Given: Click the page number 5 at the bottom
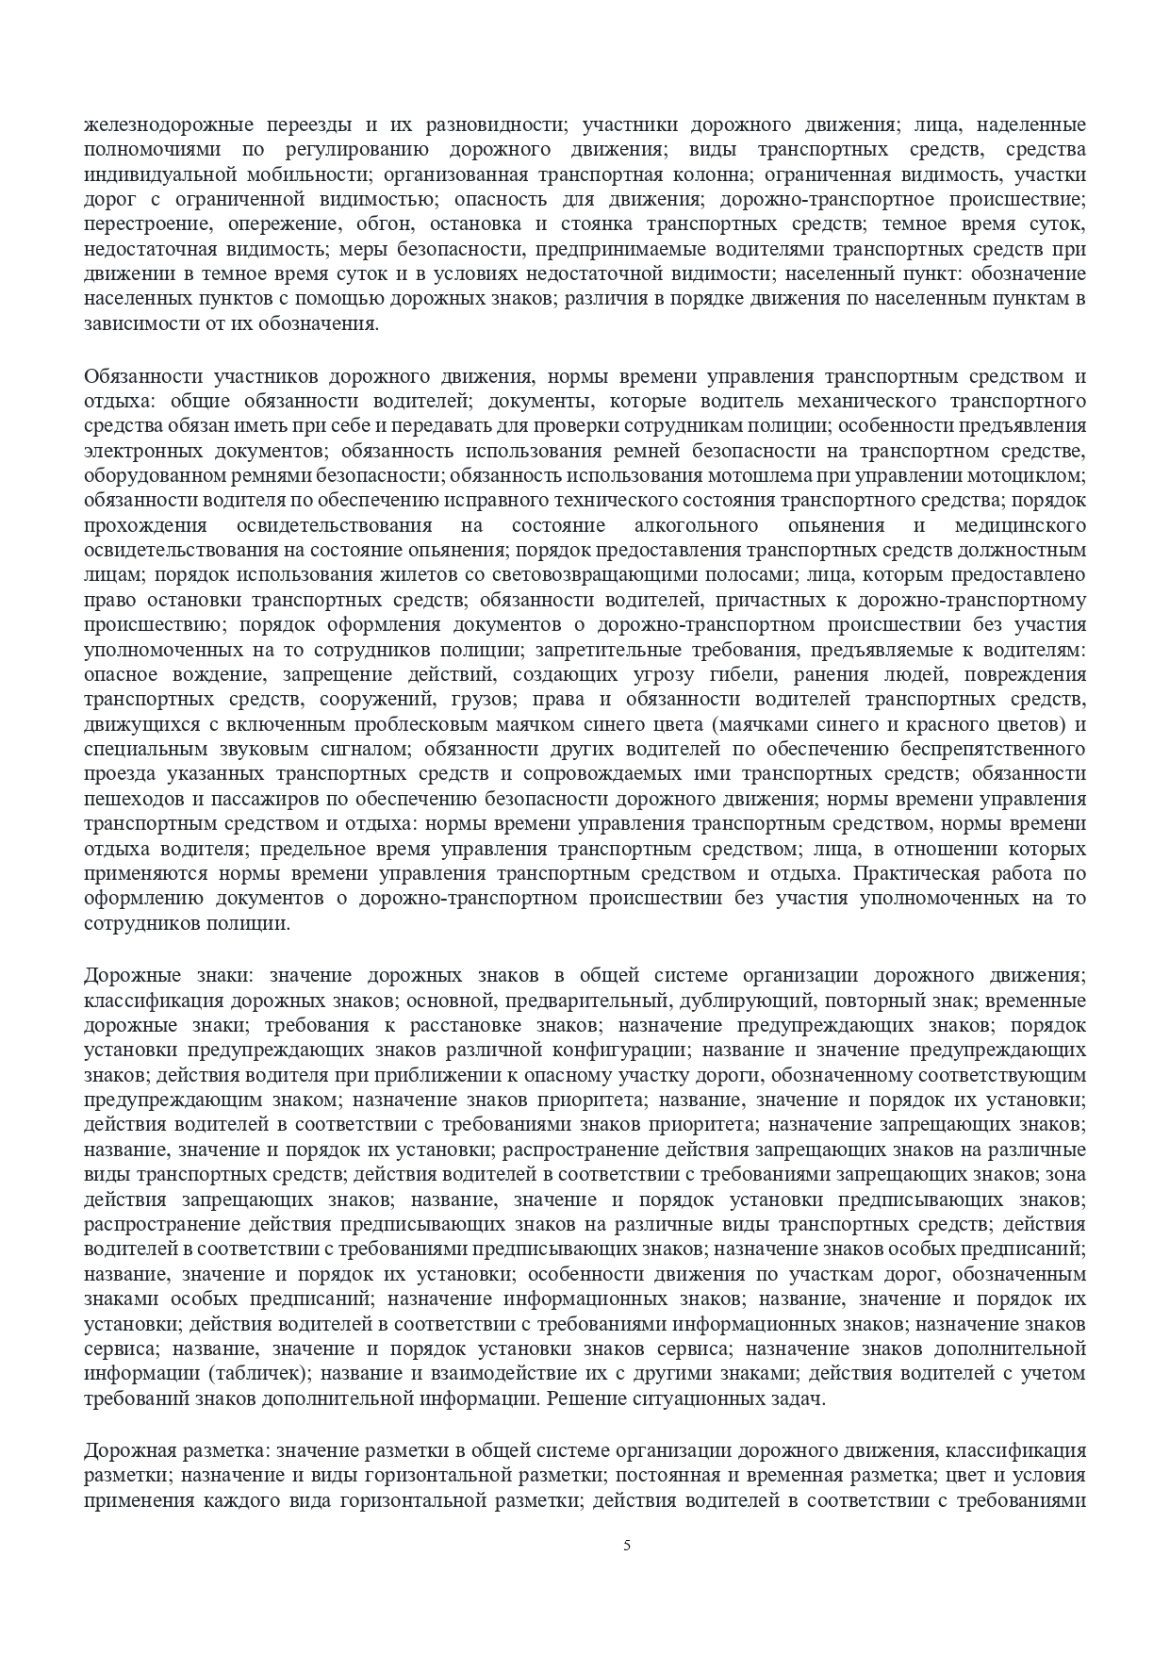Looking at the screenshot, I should (627, 1545).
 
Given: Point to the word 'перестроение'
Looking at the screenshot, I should (135, 224).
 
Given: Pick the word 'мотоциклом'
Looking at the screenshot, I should (1034, 474).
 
